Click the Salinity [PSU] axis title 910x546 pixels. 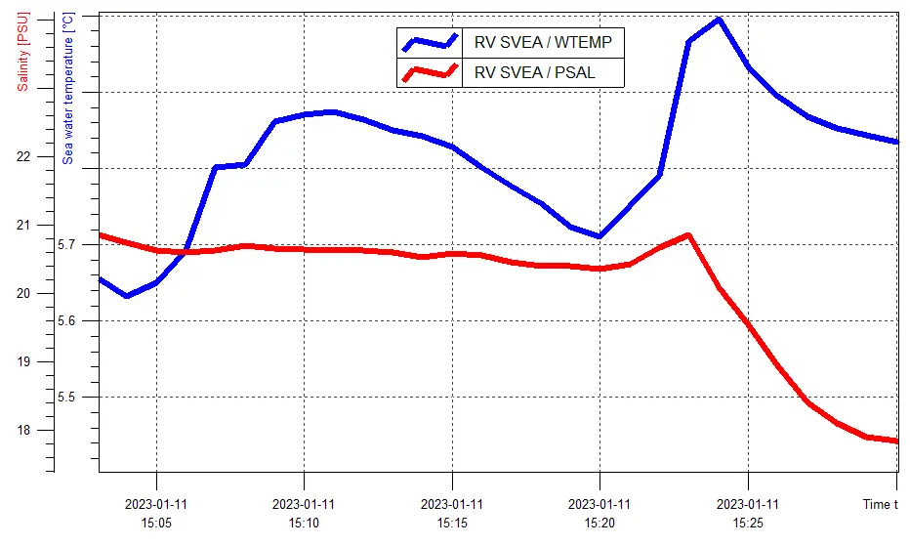[x=22, y=49]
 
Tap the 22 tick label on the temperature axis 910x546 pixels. [x=79, y=157]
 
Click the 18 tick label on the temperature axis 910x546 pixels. [x=79, y=431]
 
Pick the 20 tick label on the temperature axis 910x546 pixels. [x=79, y=294]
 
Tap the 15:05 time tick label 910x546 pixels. [x=156, y=515]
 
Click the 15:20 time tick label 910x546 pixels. [x=600, y=515]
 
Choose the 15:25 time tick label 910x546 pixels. [x=748, y=515]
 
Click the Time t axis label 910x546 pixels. [x=879, y=505]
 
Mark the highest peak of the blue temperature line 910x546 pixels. [x=719, y=19]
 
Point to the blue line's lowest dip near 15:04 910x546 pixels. [x=127, y=296]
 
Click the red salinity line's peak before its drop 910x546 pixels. [x=689, y=234]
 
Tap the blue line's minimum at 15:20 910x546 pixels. [x=600, y=236]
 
